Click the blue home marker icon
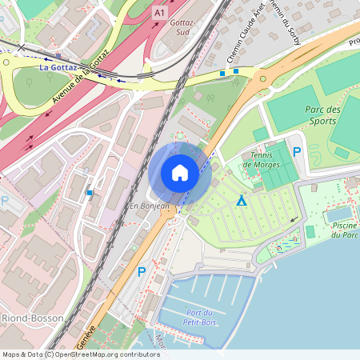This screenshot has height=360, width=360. tap(180, 173)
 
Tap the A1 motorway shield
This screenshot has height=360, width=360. tap(160, 14)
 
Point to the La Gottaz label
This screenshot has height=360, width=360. tap(58, 68)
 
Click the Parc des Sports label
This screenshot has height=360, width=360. tap(322, 115)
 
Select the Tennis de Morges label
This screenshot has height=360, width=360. tap(262, 159)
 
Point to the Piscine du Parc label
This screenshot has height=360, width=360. tap(344, 230)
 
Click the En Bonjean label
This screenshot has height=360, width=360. tap(150, 206)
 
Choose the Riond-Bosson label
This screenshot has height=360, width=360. tap(26, 318)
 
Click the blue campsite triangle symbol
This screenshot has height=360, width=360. tap(241, 200)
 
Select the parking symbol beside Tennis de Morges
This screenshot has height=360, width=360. tap(297, 151)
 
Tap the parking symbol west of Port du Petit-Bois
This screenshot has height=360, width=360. tap(142, 272)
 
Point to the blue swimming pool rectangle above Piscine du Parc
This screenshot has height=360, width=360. tap(338, 214)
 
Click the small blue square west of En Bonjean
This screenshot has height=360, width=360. tap(90, 192)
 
